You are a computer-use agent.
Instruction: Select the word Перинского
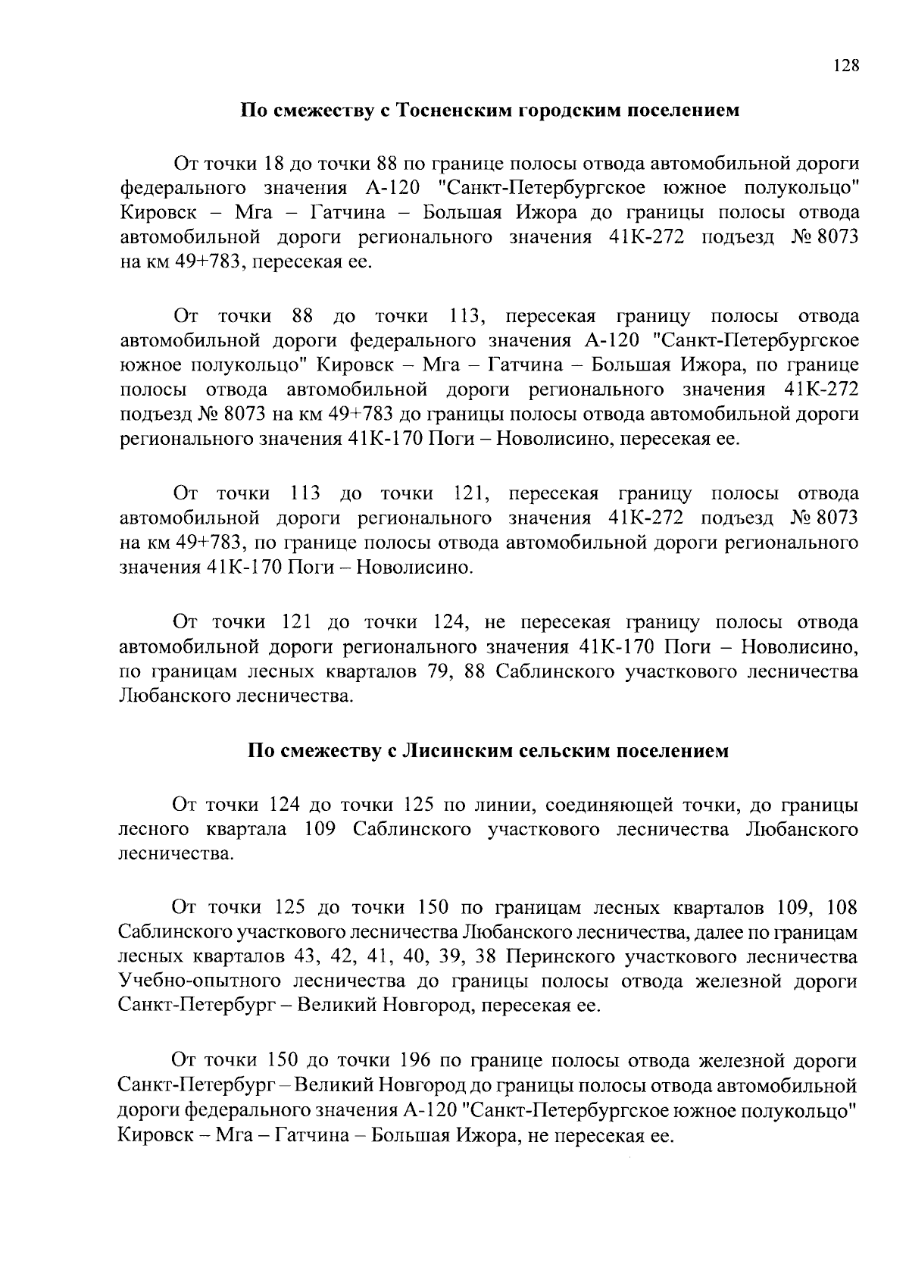[558, 957]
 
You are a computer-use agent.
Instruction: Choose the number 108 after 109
[842, 907]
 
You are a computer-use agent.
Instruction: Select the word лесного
[153, 829]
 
